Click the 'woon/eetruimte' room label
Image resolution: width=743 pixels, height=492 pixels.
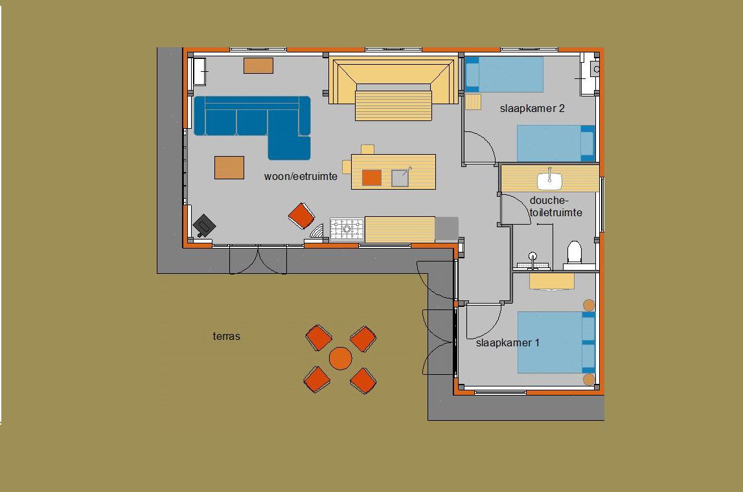pyautogui.click(x=301, y=177)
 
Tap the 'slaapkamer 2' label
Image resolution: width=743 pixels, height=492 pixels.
pyautogui.click(x=532, y=109)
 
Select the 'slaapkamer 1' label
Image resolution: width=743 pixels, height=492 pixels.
pyautogui.click(x=507, y=343)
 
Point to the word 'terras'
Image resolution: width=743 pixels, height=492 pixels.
pyautogui.click(x=227, y=336)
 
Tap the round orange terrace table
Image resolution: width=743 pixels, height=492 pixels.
pyautogui.click(x=341, y=359)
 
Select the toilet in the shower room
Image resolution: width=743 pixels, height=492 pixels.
pyautogui.click(x=575, y=253)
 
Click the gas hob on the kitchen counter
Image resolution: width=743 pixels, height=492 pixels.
pyautogui.click(x=347, y=229)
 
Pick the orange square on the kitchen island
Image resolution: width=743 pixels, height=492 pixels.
pyautogui.click(x=372, y=177)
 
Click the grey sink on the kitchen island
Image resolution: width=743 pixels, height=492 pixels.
pyautogui.click(x=400, y=178)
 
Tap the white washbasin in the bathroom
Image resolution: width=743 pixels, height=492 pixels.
pyautogui.click(x=550, y=181)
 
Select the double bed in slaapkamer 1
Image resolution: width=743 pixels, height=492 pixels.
pyautogui.click(x=556, y=342)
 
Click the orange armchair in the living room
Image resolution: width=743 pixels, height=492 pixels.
pyautogui.click(x=301, y=216)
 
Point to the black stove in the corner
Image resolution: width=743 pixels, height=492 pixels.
pyautogui.click(x=204, y=225)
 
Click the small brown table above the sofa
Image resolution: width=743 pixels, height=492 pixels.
pyautogui.click(x=258, y=65)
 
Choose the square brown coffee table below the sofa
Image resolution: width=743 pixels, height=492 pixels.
pyautogui.click(x=229, y=168)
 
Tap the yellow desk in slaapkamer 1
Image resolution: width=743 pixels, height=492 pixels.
pyautogui.click(x=551, y=281)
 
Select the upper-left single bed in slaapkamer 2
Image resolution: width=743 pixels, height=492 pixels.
pyautogui.click(x=504, y=74)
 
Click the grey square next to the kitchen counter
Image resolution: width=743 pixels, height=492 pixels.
pyautogui.click(x=446, y=229)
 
